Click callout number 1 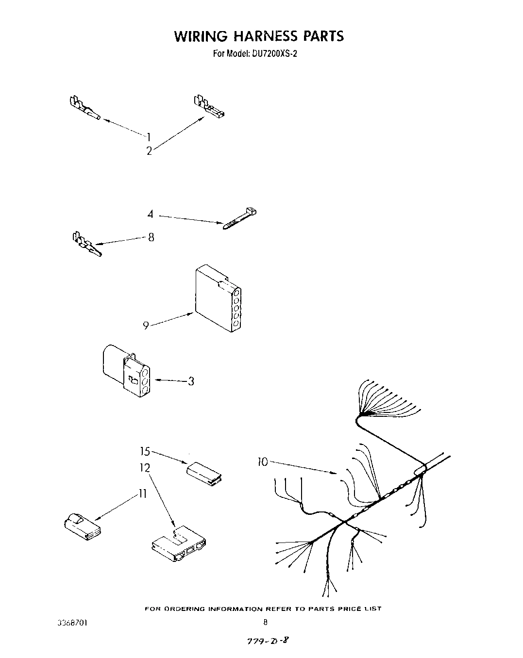[150, 136]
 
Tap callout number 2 [149, 151]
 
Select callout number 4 [151, 214]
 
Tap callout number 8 [151, 237]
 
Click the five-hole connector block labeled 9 [217, 299]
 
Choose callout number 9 [146, 326]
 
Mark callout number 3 [191, 381]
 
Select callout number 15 [145, 452]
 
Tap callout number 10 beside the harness [262, 462]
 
